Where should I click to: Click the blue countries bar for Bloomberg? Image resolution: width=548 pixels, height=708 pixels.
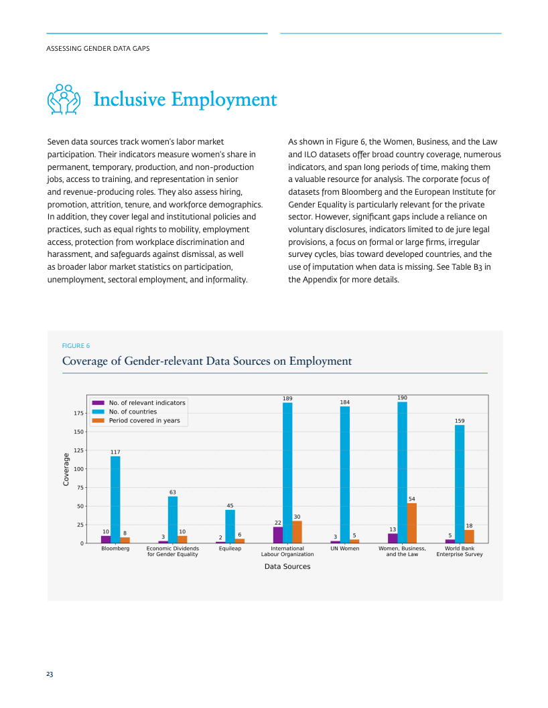tap(115, 499)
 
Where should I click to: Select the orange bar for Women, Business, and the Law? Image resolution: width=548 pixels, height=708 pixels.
tap(411, 523)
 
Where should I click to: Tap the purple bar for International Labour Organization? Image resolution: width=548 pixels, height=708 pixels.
tap(278, 535)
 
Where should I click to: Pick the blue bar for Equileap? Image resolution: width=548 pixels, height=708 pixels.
tap(230, 527)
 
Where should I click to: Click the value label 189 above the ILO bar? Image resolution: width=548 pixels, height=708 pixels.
tap(287, 398)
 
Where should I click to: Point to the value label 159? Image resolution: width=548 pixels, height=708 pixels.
tap(460, 421)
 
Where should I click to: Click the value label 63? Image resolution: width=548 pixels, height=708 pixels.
tap(173, 492)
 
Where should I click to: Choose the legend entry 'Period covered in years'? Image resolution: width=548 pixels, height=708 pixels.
tap(136, 420)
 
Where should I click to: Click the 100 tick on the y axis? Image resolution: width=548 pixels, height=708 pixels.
tap(78, 469)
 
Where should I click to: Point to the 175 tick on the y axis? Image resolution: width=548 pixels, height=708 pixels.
tap(78, 413)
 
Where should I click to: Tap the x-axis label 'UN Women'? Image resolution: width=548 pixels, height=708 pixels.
tap(345, 549)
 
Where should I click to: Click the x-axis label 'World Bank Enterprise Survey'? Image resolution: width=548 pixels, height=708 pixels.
tap(460, 551)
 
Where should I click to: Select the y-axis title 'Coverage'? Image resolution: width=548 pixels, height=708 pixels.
tap(66, 470)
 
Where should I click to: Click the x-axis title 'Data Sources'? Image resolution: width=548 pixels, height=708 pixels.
tap(287, 566)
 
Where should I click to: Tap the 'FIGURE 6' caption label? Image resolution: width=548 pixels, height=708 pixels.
tap(76, 346)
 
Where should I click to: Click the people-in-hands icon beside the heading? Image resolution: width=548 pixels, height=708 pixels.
tap(64, 99)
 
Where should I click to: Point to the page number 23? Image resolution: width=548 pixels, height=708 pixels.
tap(50, 674)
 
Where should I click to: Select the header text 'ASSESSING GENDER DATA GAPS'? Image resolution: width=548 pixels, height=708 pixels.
tap(98, 48)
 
